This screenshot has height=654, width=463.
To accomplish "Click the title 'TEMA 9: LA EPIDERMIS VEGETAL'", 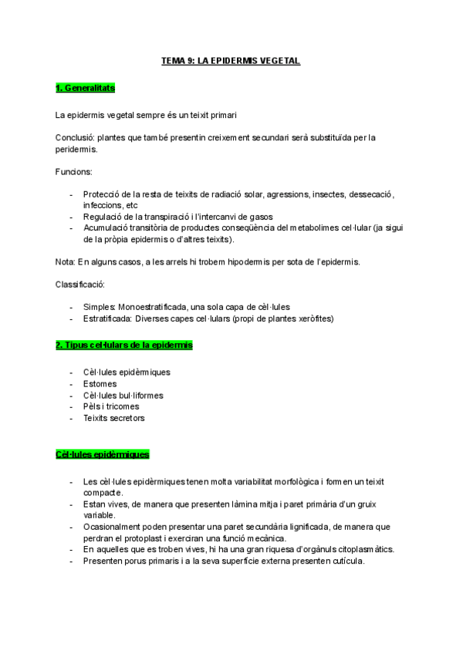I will click(x=231, y=59).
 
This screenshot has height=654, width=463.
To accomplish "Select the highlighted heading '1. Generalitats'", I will click(x=85, y=88).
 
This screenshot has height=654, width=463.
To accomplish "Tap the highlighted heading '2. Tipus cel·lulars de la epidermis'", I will click(x=123, y=345).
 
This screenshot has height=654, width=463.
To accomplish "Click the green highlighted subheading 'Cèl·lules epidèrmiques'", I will click(x=102, y=454).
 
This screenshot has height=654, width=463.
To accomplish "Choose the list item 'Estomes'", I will click(x=100, y=383).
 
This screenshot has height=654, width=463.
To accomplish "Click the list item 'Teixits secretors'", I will click(x=113, y=418).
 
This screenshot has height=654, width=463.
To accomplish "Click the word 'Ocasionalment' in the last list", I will click(x=113, y=527).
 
